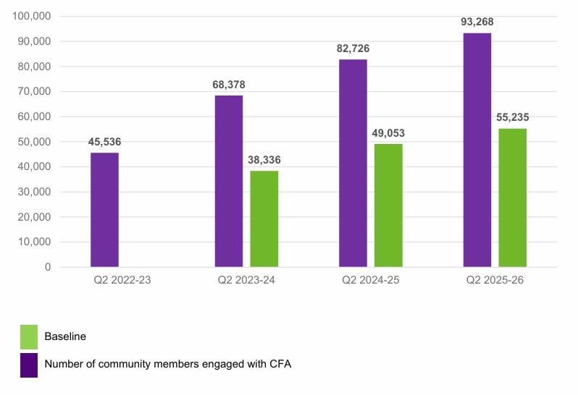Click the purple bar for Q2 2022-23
point(104,210)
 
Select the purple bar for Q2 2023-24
point(229,181)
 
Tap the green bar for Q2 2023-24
point(264,218)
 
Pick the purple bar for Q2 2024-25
point(353,163)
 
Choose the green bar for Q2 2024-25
point(388,205)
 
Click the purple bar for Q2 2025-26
point(477,150)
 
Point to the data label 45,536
point(104,143)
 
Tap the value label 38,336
point(264,161)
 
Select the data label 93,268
point(477,22)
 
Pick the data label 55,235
point(512,118)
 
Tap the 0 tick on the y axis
point(47,267)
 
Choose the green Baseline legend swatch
point(29,336)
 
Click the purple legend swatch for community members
point(29,365)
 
